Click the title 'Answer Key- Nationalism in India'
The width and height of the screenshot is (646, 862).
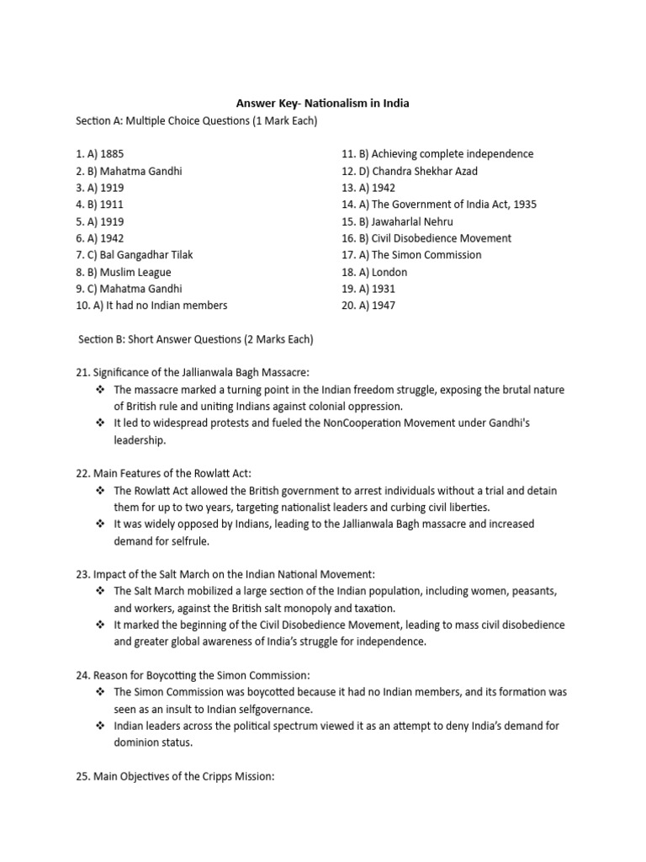[322, 104]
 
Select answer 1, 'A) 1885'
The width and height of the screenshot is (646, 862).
[100, 154]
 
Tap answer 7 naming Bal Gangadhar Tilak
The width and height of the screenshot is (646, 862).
[139, 255]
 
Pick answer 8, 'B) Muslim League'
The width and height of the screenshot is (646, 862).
[124, 272]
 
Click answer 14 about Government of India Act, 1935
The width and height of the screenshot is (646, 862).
[438, 205]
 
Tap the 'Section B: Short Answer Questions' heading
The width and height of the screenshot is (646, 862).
[195, 339]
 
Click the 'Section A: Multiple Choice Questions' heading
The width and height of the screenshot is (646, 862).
[196, 121]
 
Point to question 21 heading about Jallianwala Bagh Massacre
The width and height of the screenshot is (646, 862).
[193, 373]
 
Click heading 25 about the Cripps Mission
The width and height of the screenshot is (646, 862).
[175, 777]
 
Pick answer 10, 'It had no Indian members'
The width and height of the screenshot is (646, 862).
[151, 306]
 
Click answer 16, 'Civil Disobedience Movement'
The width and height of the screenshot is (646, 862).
[426, 238]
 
